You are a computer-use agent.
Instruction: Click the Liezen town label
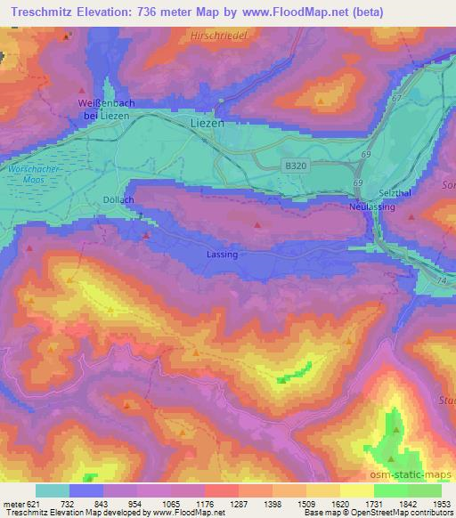pos(208,124)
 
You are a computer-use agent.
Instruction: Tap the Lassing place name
pos(222,255)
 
